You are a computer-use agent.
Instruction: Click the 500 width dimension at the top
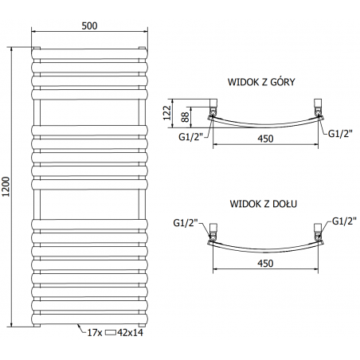89,25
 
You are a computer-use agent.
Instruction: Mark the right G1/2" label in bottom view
342,221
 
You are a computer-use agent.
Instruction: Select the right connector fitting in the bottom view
319,231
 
